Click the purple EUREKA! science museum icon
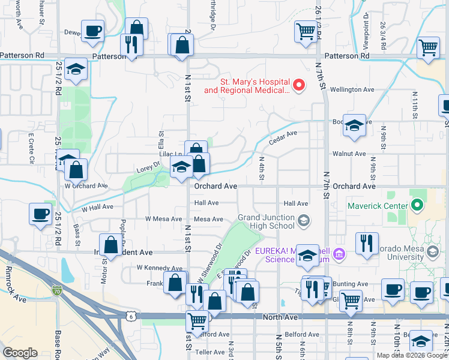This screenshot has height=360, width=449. pyautogui.click(x=340, y=254)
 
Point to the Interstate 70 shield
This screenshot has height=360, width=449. pyautogui.click(x=56, y=289)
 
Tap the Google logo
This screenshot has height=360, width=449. pyautogui.click(x=20, y=353)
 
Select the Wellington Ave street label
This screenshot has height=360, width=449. pyautogui.click(x=352, y=89)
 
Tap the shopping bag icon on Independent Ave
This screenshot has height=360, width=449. pyautogui.click(x=111, y=244)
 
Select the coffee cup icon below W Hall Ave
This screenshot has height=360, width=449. pyautogui.click(x=41, y=214)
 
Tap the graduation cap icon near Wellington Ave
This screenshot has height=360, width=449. pyautogui.click(x=354, y=125)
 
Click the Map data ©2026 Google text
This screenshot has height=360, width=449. pyautogui.click(x=411, y=355)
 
